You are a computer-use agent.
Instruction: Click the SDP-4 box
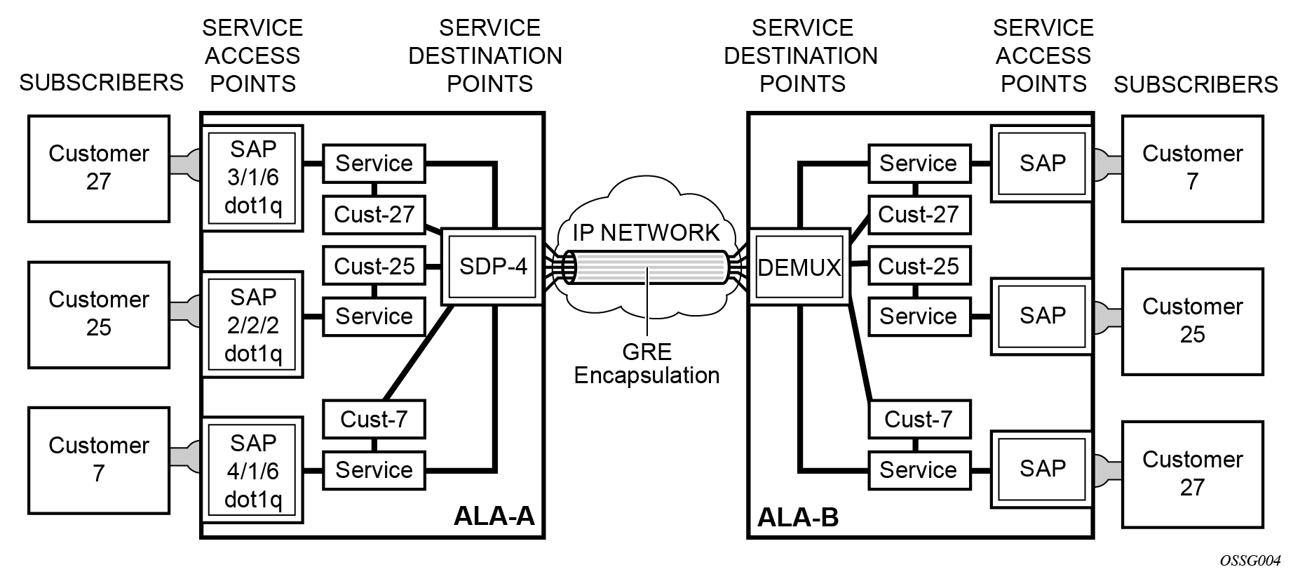click(x=493, y=267)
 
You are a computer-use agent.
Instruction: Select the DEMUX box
click(x=799, y=267)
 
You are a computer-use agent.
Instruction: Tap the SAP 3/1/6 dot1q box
click(x=252, y=178)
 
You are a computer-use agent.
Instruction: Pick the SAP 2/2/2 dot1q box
click(x=252, y=325)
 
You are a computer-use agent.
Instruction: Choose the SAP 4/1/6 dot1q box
click(x=252, y=470)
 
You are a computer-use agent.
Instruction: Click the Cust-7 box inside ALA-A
click(x=374, y=419)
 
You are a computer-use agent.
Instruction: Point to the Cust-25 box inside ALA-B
click(x=919, y=266)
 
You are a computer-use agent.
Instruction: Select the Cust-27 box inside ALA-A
click(x=374, y=214)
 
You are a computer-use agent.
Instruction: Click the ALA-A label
click(x=494, y=516)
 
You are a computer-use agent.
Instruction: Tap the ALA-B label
click(x=798, y=518)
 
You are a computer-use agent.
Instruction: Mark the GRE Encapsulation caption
click(x=646, y=364)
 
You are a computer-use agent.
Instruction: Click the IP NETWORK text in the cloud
click(x=646, y=232)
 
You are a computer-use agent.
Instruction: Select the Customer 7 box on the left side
click(x=99, y=460)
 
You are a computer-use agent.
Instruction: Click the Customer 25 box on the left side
click(x=99, y=314)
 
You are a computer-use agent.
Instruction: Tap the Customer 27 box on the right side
click(x=1192, y=474)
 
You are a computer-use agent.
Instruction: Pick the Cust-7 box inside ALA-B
click(x=919, y=419)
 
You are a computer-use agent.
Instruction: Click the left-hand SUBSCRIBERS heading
click(x=101, y=83)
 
